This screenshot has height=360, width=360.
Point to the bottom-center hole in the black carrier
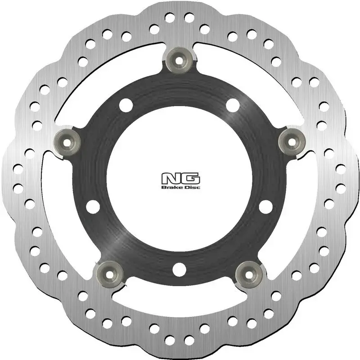[x=180, y=268]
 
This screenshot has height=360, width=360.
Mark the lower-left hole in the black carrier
[x=93, y=206]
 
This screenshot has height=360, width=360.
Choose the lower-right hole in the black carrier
[x=266, y=206]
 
